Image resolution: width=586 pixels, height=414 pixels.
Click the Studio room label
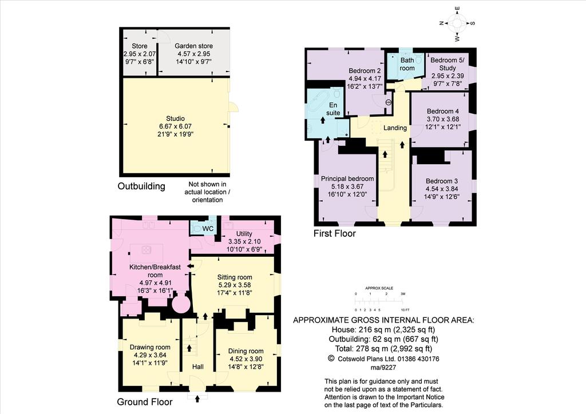click(x=175, y=118)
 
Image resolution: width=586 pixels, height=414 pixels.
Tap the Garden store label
click(x=193, y=46)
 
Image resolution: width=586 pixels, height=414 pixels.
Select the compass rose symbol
click(x=457, y=23)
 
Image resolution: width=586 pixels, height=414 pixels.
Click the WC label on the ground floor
click(x=208, y=228)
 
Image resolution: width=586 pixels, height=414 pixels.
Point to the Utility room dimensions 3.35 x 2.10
click(x=244, y=241)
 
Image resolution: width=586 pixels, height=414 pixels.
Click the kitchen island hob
click(x=146, y=249)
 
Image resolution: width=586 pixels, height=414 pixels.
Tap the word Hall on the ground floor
click(x=197, y=367)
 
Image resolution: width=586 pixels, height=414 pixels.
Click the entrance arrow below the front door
click(x=197, y=400)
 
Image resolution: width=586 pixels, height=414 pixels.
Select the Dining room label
click(x=246, y=351)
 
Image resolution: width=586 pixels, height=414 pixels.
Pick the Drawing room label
click(x=150, y=347)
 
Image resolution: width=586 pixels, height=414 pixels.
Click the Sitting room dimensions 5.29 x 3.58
click(x=235, y=285)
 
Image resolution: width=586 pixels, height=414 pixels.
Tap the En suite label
click(x=333, y=109)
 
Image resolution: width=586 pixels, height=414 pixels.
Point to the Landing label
click(x=395, y=128)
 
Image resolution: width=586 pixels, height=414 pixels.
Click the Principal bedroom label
click(x=347, y=179)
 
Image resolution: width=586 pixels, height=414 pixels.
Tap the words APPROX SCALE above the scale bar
click(x=379, y=288)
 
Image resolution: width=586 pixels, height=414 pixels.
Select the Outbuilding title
click(x=141, y=186)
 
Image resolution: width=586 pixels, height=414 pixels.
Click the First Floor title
click(x=334, y=234)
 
